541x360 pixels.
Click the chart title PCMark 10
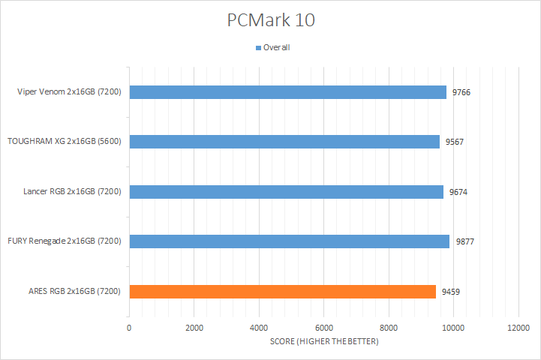pos(271,21)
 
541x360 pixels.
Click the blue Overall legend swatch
pos(259,48)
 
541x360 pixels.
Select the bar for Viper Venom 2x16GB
pos(288,92)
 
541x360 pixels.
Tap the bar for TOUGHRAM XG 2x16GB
pos(284,142)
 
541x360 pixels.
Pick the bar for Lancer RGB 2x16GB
pos(287,191)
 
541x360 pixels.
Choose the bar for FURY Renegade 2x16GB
pos(290,241)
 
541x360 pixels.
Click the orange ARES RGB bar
pos(283,291)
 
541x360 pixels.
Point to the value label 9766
pos(461,92)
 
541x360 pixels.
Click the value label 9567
pos(454,142)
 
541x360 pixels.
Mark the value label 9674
pos(458,192)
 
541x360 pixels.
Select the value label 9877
pos(464,241)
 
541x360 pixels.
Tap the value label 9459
pos(451,291)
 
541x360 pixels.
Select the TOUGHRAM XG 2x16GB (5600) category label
pos(65,142)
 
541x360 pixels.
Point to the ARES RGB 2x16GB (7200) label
pos(76,291)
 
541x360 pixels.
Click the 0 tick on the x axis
pos(129,328)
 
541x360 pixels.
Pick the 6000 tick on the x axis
pos(324,328)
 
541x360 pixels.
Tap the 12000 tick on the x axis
pos(518,328)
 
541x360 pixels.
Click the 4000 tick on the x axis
pos(259,328)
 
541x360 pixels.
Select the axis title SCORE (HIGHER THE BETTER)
pos(324,342)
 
